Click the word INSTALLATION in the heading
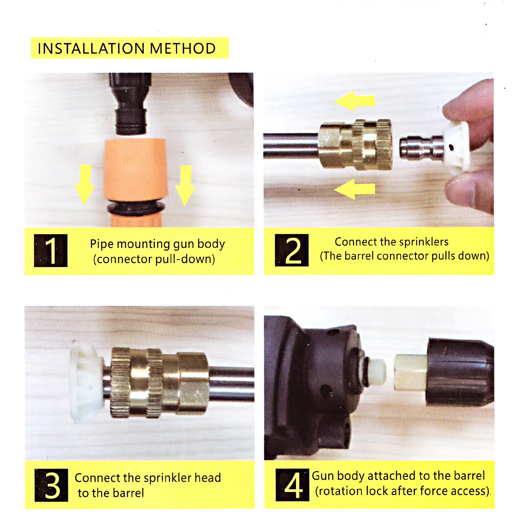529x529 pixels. [91, 48]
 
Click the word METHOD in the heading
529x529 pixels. [183, 48]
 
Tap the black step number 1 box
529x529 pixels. [51, 250]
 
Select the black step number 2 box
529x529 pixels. [292, 250]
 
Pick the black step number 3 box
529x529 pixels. [51, 485]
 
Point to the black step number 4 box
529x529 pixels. [292, 485]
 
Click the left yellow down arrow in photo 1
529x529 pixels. [85, 184]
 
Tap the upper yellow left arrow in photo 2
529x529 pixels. [354, 101]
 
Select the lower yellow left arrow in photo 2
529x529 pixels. [354, 189]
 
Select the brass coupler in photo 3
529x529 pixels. [159, 383]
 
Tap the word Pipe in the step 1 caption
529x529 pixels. [102, 244]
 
